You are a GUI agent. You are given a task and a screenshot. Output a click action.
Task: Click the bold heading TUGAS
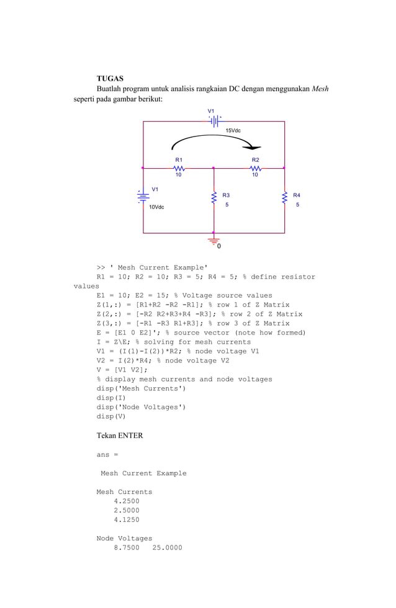(x=110, y=79)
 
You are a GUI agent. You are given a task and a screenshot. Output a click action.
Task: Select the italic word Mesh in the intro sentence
(x=320, y=89)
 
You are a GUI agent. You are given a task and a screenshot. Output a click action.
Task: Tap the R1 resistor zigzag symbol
(x=179, y=168)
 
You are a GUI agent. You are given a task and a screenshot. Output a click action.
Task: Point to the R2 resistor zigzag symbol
(x=255, y=168)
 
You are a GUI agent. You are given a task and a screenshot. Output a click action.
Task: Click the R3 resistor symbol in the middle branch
(x=214, y=197)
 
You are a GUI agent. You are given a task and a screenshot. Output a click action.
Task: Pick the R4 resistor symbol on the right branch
(x=285, y=197)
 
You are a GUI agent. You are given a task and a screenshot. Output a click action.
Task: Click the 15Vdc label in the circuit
(x=233, y=131)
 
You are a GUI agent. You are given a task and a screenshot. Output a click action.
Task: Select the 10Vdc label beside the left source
(x=156, y=207)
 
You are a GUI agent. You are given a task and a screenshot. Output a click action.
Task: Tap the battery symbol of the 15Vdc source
(x=214, y=122)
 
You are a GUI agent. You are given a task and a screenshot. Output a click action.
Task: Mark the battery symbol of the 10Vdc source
(x=143, y=197)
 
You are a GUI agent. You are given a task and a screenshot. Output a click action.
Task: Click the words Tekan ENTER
(x=120, y=436)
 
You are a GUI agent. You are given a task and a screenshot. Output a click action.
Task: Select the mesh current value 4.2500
(x=127, y=501)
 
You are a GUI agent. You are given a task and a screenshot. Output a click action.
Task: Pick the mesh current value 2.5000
(x=127, y=511)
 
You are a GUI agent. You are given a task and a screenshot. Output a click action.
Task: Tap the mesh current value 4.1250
(x=127, y=520)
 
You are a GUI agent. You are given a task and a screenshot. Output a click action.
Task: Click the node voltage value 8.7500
(x=127, y=548)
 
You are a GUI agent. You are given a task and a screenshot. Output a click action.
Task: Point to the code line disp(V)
(x=111, y=416)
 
